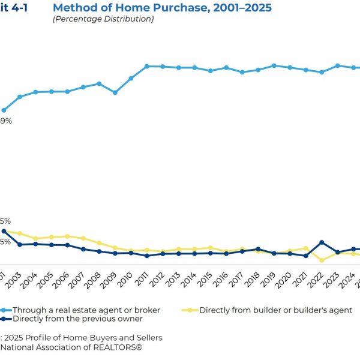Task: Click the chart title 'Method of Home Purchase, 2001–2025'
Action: coord(162,8)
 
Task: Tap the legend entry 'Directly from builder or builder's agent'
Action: coord(275,310)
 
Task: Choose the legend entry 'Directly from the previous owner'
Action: coord(69,319)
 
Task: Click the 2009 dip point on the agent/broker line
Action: coord(115,92)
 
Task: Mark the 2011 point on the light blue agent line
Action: coord(146,66)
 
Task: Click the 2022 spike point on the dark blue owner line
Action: coord(322,242)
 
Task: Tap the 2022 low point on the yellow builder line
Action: coord(322,260)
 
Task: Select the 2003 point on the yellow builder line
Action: coord(20,233)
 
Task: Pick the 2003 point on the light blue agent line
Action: coord(20,97)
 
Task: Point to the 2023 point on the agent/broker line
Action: coord(338,65)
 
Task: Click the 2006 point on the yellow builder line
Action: coord(67,236)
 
